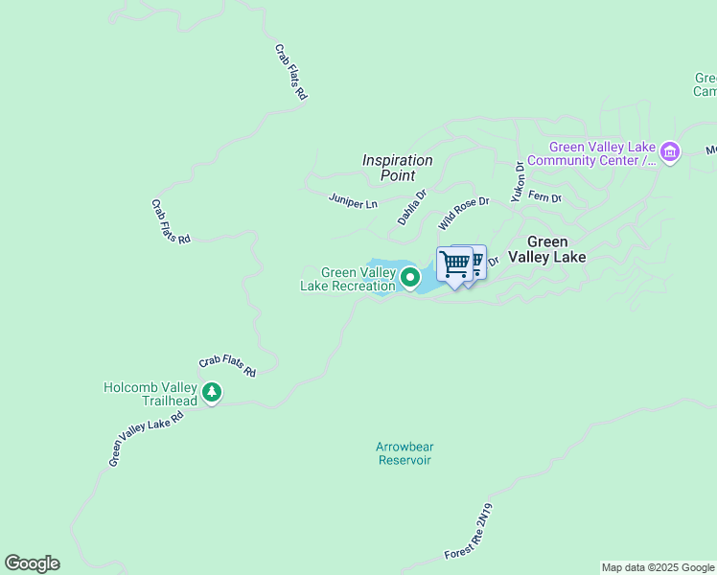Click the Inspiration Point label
[x=397, y=168]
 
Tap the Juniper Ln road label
[x=353, y=203]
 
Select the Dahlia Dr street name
[x=411, y=207]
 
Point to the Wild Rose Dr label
[x=464, y=213]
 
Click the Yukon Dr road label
[x=519, y=180]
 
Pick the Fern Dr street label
[x=544, y=198]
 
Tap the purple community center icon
[x=670, y=152]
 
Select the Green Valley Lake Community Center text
[x=602, y=153]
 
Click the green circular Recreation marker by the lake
[x=410, y=278]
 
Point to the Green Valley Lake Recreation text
[x=348, y=279]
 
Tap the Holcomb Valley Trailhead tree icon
[x=212, y=393]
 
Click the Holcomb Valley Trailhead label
[x=150, y=394]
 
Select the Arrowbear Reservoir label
[x=404, y=453]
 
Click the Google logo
[x=32, y=563]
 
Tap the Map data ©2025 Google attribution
[x=658, y=567]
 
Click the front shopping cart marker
[x=454, y=265]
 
